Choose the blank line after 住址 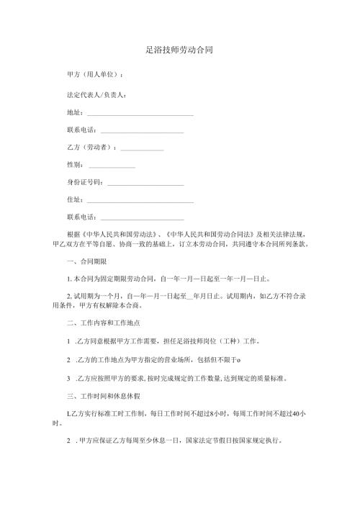(140, 204)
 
